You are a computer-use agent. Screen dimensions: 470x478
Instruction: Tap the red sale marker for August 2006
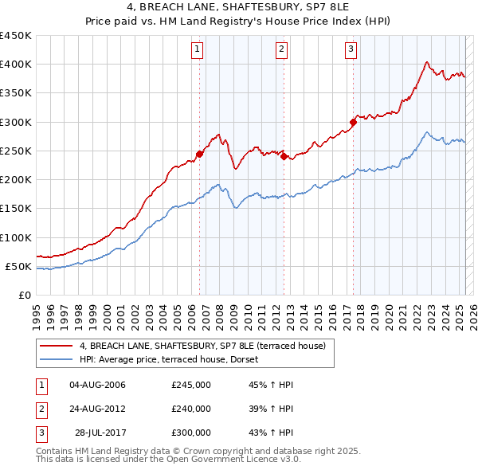tap(200, 154)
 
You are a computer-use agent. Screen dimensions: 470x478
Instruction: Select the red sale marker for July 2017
tap(352, 123)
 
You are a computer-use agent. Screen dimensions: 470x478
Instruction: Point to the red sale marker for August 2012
tap(283, 157)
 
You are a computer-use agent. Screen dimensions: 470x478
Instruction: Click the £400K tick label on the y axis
tap(15, 64)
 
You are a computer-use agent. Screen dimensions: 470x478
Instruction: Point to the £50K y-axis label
tap(18, 266)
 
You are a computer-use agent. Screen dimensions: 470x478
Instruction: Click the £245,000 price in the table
tap(191, 385)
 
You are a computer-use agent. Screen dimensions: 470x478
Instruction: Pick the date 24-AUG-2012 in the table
tap(97, 409)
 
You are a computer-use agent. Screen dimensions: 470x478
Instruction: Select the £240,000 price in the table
tap(191, 409)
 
